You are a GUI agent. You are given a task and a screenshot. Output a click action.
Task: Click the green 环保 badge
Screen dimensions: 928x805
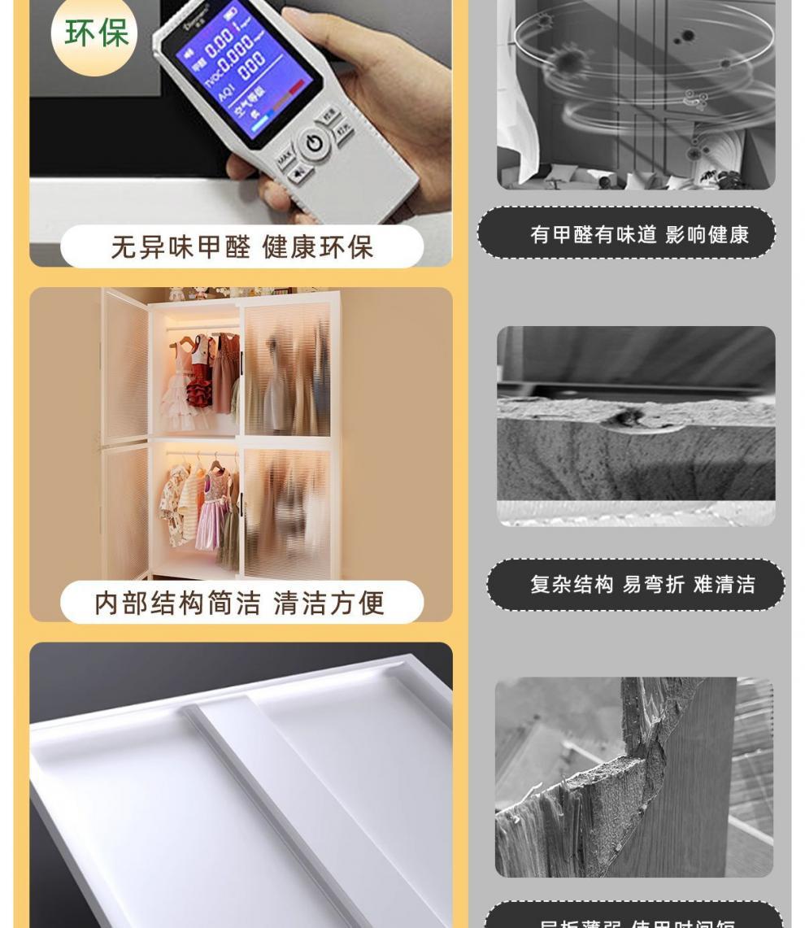pos(95,34)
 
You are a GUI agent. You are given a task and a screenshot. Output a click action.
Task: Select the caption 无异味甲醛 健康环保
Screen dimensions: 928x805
pos(241,247)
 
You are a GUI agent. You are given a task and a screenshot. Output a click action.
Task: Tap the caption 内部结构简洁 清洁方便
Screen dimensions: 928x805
pos(241,603)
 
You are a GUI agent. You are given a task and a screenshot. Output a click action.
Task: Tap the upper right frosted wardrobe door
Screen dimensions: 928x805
pos(287,370)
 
